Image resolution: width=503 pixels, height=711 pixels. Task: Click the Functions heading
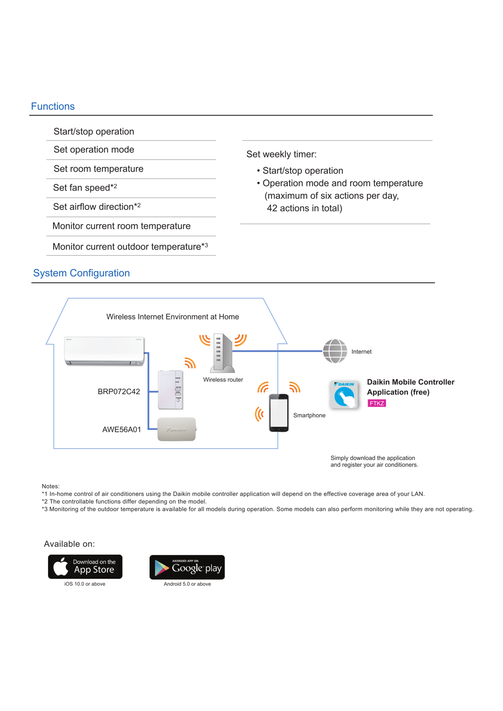coord(53,106)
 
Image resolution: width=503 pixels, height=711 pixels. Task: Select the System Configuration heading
coord(81,273)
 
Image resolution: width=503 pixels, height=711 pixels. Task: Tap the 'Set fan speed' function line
coord(85,188)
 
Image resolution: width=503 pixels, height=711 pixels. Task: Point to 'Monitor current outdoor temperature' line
coord(130,247)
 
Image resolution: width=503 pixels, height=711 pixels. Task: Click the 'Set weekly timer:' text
coord(281,155)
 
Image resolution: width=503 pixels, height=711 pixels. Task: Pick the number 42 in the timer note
coord(272,208)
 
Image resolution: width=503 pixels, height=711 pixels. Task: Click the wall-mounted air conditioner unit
coord(104,351)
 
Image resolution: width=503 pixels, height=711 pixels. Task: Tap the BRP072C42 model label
coord(119,392)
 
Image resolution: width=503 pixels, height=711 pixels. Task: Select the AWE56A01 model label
coord(121,430)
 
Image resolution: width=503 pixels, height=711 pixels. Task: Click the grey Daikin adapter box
coord(177,429)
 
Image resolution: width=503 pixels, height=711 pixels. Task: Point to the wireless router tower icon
coord(222,353)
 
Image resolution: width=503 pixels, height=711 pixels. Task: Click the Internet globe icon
coord(335,351)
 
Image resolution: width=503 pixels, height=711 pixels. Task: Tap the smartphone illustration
coord(279,412)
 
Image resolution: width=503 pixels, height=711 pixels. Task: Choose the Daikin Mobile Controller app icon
coord(344,395)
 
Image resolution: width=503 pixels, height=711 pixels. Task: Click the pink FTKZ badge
coord(377,403)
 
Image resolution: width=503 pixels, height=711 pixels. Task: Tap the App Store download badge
coord(85,567)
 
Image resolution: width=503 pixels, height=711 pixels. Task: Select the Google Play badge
coord(187,567)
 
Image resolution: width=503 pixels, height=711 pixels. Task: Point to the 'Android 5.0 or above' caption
coord(187,584)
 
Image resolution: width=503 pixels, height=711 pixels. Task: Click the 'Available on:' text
coord(69,544)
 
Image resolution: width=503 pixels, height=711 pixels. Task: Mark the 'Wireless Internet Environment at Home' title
coord(173,317)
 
